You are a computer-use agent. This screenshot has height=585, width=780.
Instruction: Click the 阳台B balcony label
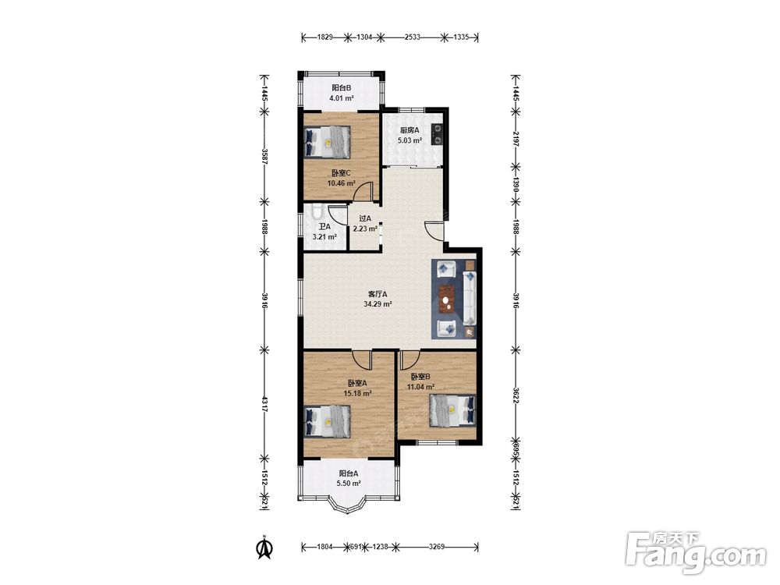pos(342,89)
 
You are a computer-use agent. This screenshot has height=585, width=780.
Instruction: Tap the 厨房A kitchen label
pos(410,130)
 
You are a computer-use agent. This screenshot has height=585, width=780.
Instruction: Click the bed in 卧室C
pos(327,142)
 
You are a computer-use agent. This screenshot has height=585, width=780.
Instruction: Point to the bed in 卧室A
pos(327,422)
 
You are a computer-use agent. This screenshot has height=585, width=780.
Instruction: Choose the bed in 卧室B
pos(452,410)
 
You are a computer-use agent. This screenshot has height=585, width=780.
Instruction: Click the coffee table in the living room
pos(448,300)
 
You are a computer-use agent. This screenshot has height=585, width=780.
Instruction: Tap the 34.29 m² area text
pos(378,303)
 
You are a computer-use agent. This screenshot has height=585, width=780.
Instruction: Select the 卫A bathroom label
pos(324,226)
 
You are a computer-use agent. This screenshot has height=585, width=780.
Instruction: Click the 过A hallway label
pos(365,218)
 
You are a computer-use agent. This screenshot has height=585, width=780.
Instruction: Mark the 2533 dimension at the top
pos(413,37)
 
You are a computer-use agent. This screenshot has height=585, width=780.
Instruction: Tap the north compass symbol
pos(264,546)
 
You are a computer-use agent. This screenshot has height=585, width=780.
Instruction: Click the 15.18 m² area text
pos(358,393)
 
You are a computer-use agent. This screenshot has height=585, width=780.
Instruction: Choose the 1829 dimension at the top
pos(324,37)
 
